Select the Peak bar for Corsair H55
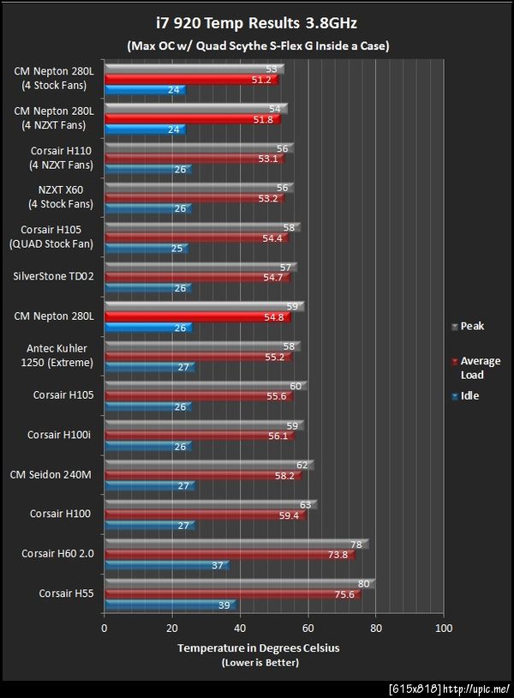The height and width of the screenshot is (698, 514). coord(239,584)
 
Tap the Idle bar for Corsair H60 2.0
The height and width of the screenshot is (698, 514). coord(166,565)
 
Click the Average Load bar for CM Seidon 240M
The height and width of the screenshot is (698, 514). coord(202,475)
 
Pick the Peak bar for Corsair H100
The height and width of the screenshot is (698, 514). coord(210,505)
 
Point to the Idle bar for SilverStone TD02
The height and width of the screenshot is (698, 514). coord(147,288)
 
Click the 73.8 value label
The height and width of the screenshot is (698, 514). coord(339,555)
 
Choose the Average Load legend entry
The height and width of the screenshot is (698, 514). coord(480,368)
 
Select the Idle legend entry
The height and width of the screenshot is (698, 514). coord(469,396)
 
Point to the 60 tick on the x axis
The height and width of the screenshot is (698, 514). coord(308,629)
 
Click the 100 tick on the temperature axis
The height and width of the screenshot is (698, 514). coord(443,629)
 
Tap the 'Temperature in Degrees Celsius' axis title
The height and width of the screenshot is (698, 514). coord(258,648)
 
